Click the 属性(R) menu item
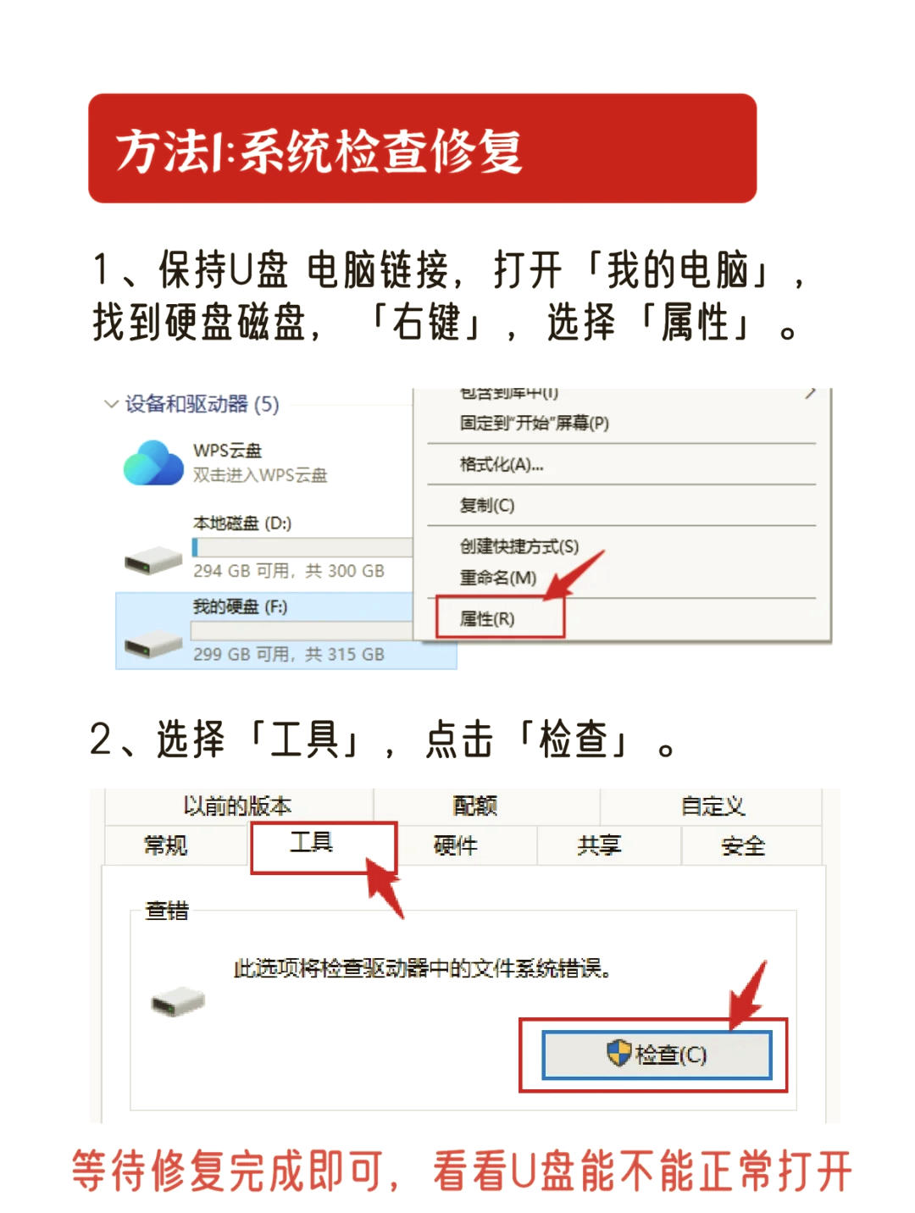[487, 619]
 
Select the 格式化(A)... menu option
[502, 464]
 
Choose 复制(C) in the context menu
[487, 506]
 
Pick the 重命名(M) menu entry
[498, 578]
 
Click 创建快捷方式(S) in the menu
[518, 546]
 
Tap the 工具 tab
[312, 843]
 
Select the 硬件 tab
[456, 845]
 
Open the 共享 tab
[599, 845]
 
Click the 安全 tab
[743, 845]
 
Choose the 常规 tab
[166, 845]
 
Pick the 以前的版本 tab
[238, 806]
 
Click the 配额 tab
[475, 806]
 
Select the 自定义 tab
[713, 806]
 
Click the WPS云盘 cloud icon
[153, 462]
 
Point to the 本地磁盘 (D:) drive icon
[153, 560]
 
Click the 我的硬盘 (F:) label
[240, 606]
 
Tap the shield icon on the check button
[619, 1053]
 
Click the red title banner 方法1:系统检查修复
[422, 148]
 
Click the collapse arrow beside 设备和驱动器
[110, 404]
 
